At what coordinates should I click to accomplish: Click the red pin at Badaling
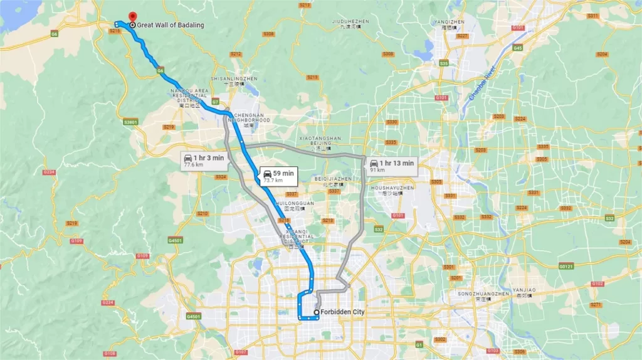[x=132, y=17]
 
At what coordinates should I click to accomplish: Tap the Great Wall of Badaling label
[x=167, y=25]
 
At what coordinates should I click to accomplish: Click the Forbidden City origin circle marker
[x=316, y=312]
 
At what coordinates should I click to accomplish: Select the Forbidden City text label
[x=342, y=312]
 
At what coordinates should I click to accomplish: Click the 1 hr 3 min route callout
[x=203, y=161]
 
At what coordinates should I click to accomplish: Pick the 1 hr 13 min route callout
[x=392, y=166]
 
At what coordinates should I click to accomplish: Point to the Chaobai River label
[x=481, y=83]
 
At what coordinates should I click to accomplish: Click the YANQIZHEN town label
[x=449, y=23]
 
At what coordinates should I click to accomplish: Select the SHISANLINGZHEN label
[x=234, y=80]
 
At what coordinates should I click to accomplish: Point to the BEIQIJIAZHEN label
[x=329, y=181]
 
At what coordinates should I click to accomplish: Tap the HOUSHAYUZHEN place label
[x=392, y=190]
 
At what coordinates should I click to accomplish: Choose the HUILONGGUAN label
[x=295, y=204]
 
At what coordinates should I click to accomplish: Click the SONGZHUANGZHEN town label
[x=484, y=295]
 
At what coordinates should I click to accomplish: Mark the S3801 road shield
[x=131, y=122]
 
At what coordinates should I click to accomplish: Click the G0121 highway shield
[x=566, y=266]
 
